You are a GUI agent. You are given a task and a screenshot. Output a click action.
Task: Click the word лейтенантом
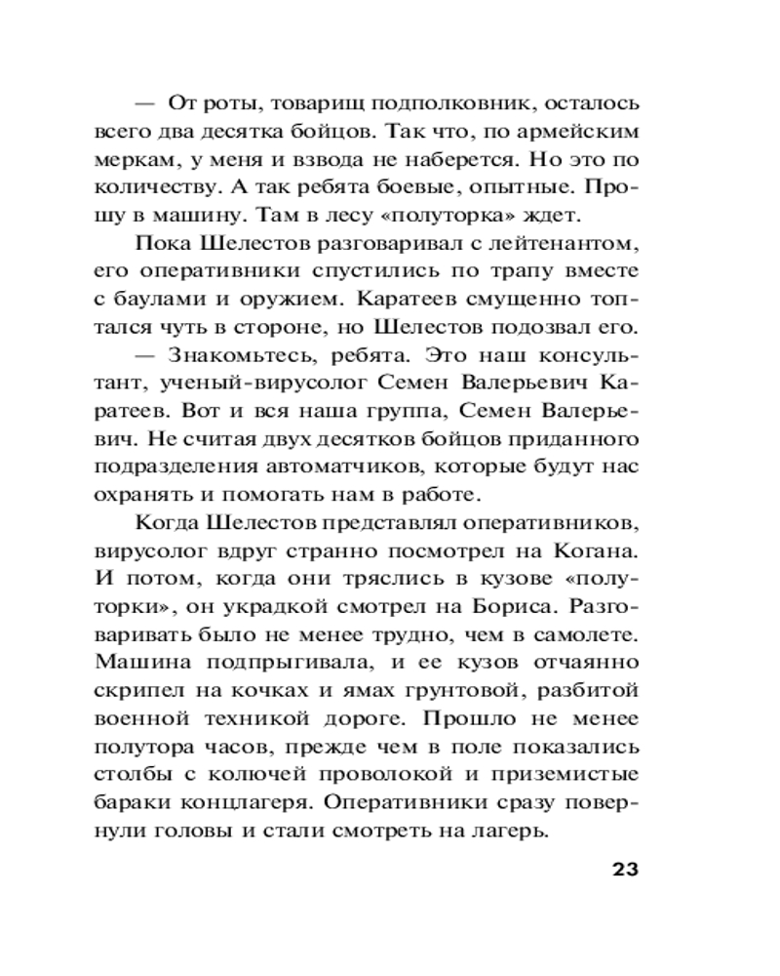pos(568,241)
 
